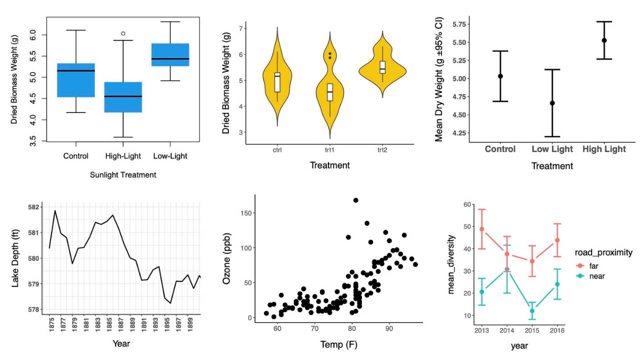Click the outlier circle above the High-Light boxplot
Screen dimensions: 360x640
tap(123, 33)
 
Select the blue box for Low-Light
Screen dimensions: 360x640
tap(170, 54)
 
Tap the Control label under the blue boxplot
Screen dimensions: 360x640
tap(76, 156)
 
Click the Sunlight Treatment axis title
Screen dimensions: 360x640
tap(123, 175)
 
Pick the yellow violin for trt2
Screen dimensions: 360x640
tap(382, 67)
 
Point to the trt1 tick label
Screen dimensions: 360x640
tap(329, 149)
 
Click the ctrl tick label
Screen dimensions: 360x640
tap(277, 149)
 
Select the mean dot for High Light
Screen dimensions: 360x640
tap(604, 40)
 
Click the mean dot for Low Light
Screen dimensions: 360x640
tap(552, 103)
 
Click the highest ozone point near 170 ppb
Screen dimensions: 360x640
tap(355, 200)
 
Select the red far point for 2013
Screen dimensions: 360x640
tap(482, 229)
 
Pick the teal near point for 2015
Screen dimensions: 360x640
tap(532, 311)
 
